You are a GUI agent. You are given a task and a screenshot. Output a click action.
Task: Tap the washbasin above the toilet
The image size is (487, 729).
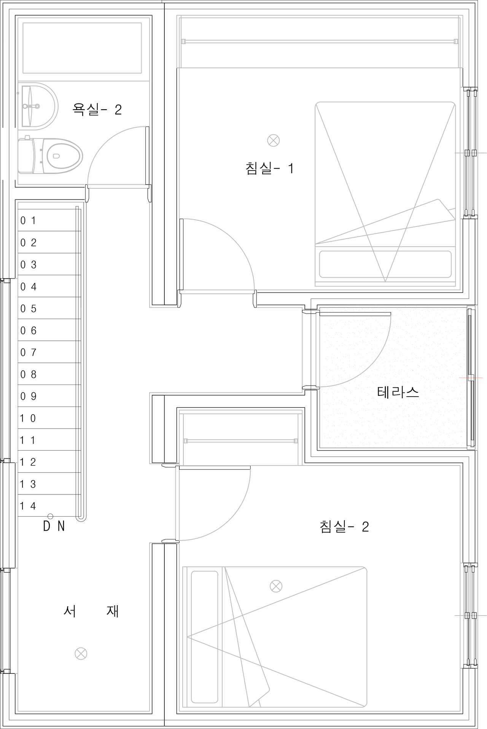[40, 106]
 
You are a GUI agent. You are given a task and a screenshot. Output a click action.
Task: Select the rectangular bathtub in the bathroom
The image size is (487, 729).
[82, 48]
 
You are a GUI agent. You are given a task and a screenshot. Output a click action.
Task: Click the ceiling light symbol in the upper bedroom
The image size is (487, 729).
[274, 140]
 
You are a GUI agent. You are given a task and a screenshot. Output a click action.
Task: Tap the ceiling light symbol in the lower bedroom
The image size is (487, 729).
[276, 586]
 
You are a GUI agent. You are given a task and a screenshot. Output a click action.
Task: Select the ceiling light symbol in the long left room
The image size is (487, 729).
[81, 654]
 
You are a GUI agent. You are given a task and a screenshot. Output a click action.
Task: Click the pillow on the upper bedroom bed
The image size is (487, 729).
[385, 263]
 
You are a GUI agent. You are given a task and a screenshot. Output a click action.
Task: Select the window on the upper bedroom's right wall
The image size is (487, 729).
[470, 153]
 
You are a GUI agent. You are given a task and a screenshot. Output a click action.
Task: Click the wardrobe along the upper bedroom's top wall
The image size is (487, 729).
[320, 42]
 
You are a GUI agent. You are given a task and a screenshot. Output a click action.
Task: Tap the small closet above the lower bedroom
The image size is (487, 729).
[241, 438]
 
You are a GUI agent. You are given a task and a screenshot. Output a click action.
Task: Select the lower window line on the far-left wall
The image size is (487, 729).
[2, 620]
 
